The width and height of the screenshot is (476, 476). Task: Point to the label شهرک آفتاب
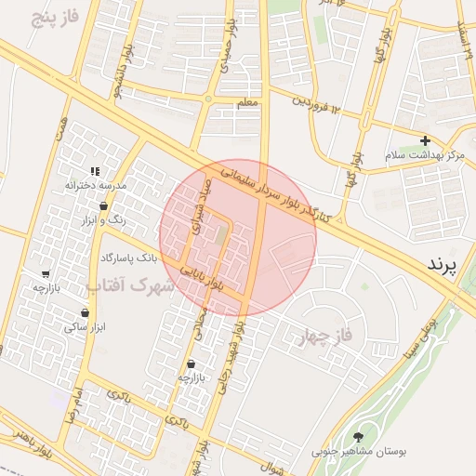click(x=130, y=286)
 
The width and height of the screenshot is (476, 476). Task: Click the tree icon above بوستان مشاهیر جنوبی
click(x=359, y=436)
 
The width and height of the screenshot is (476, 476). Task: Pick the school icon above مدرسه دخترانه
click(x=94, y=171)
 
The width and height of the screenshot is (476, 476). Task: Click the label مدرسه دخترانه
click(x=94, y=186)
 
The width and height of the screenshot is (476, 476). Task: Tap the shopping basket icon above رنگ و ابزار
click(x=103, y=206)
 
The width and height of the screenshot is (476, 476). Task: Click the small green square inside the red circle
click(x=219, y=233)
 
